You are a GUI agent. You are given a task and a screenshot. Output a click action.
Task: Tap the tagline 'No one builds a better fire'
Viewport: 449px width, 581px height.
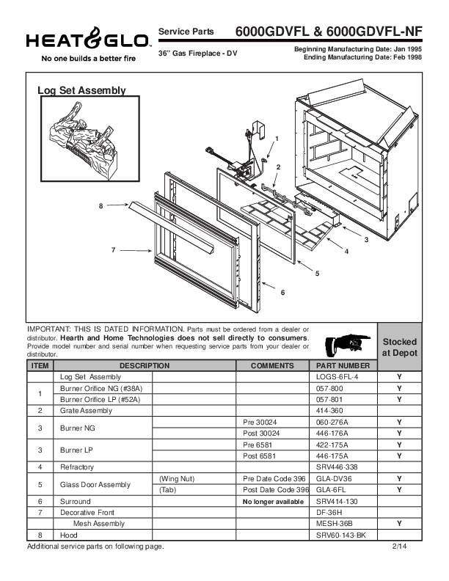tap(79, 58)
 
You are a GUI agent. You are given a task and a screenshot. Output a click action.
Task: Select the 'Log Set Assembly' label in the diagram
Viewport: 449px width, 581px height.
tap(81, 91)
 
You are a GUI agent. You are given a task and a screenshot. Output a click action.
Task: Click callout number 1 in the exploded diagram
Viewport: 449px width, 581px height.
tap(277, 138)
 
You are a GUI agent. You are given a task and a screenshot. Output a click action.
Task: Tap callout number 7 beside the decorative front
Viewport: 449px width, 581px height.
tap(113, 250)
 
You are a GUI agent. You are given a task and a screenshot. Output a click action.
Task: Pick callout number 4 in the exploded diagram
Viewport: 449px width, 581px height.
tap(346, 252)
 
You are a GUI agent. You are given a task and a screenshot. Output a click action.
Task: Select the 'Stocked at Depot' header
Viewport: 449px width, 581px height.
tap(400, 347)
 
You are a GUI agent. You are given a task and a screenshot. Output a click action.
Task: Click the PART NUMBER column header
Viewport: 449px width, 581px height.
tap(343, 365)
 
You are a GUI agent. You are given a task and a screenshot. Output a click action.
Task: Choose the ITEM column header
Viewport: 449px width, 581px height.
tap(40, 365)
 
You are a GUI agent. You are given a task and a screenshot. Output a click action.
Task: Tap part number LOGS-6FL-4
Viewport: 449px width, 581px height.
tap(337, 376)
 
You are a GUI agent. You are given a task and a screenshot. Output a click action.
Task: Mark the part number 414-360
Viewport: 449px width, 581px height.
tap(330, 411)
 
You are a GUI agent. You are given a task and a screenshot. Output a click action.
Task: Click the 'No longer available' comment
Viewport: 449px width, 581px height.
tap(267, 501)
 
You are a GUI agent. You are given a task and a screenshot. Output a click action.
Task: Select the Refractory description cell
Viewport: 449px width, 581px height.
tap(77, 467)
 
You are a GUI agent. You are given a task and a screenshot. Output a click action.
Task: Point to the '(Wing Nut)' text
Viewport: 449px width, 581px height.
tap(173, 478)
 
